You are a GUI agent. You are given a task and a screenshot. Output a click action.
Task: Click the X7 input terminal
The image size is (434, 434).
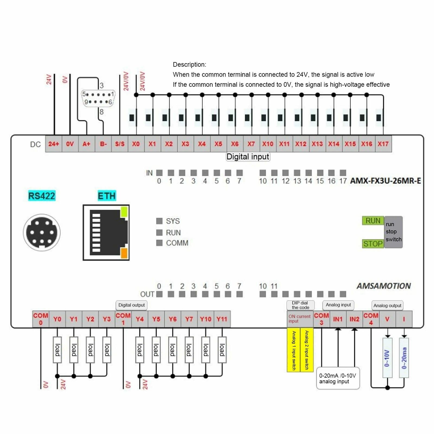[251, 144]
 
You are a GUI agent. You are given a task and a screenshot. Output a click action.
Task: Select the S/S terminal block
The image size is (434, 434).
[120, 144]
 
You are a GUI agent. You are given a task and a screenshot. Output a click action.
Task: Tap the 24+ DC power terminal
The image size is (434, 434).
[54, 144]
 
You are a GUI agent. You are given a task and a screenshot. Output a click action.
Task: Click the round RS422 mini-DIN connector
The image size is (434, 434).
[42, 233]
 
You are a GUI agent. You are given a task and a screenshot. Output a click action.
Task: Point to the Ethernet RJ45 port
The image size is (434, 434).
[106, 233]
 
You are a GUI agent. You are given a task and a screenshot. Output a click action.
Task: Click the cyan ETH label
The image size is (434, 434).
[107, 196]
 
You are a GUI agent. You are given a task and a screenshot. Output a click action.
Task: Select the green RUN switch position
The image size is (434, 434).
[373, 221]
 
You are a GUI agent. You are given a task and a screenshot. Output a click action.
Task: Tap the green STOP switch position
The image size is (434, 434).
[373, 244]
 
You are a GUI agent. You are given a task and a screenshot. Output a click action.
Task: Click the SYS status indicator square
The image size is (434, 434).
[159, 221]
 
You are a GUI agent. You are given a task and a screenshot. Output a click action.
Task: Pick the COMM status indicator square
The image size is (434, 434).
[159, 243]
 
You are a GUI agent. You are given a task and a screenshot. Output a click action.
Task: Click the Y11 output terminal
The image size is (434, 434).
[222, 319]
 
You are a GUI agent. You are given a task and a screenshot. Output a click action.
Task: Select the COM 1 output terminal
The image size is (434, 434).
[123, 319]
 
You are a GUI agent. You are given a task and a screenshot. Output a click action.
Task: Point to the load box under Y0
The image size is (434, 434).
[57, 350]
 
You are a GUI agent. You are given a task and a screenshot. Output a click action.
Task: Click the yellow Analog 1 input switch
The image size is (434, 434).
[294, 350]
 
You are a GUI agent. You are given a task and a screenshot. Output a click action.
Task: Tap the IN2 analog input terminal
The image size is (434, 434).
[354, 319]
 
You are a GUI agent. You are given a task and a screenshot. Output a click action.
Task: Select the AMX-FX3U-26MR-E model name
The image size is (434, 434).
[385, 181]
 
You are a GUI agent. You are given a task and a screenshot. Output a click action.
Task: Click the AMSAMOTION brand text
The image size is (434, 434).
[383, 286]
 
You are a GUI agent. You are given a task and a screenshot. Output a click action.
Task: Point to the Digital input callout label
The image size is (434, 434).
[248, 157]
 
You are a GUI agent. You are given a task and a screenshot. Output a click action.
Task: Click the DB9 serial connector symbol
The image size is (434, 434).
[98, 98]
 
